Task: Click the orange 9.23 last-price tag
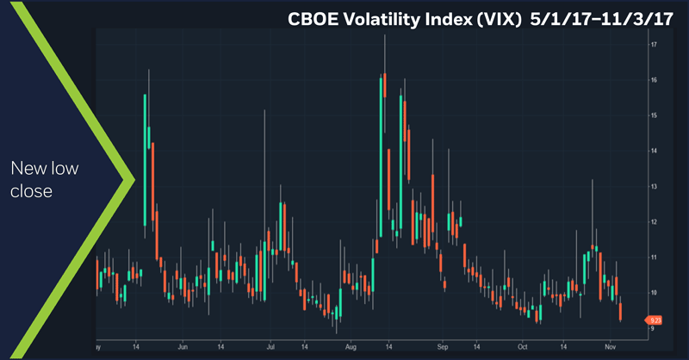654,320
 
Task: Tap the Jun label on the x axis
183,347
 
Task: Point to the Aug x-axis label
351,347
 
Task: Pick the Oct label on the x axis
522,347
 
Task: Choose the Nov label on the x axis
609,347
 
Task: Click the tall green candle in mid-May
145,159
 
